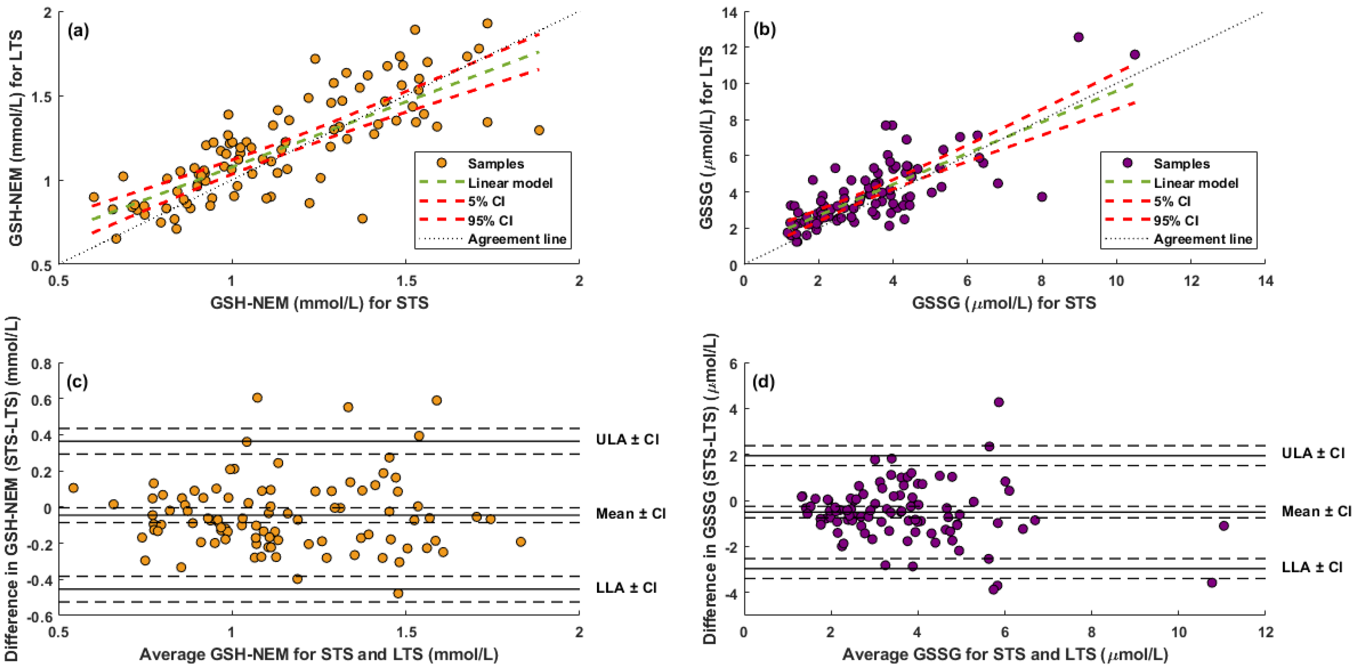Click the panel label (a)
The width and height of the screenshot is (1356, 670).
pos(79,31)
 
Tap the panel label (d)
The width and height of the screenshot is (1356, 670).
pos(764,382)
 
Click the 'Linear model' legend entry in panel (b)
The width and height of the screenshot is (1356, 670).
pos(1196,183)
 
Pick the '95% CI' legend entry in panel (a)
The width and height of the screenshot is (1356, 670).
pos(490,220)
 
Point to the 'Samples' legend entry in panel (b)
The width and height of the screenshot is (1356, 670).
pos(1182,164)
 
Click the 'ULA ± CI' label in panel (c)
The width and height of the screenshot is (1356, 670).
pos(627,439)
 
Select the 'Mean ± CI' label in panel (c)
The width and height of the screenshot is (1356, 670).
pos(631,513)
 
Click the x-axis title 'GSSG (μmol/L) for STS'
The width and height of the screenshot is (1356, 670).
pos(1004,303)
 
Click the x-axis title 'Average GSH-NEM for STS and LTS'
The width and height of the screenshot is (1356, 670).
pos(318,654)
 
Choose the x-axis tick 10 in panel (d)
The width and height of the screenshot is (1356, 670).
pos(1179,632)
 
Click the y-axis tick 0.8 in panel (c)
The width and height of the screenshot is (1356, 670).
pos(41,364)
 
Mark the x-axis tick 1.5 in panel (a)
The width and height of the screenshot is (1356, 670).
pos(406,281)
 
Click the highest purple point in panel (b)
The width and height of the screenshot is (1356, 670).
pos(1078,37)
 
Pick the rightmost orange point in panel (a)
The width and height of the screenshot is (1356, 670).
pos(539,130)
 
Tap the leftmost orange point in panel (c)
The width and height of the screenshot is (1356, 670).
pos(73,488)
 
